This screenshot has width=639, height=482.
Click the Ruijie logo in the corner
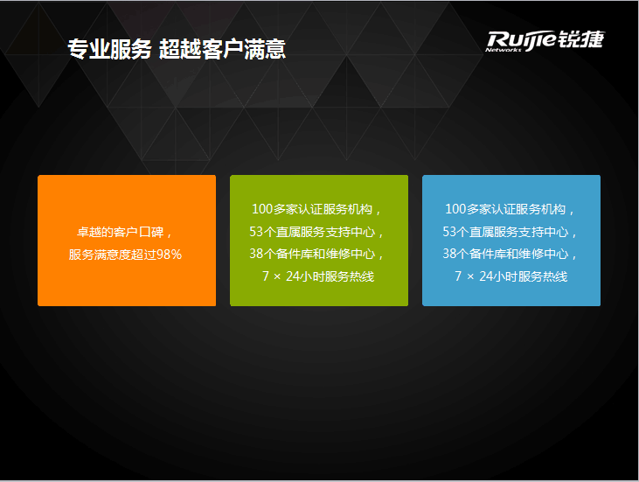pos(545,41)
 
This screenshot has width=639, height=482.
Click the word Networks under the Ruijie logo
pos(504,50)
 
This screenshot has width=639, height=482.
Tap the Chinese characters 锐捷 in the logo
pos(581,39)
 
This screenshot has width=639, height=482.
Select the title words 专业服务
pos(109,49)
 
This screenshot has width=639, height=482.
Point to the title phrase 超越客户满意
pos(223,49)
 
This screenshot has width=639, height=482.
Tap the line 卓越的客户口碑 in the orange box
pos(121,232)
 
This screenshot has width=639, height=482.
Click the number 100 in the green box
pos(262,209)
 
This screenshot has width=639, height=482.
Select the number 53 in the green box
pos(256,232)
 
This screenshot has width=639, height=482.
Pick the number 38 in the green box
pos(256,254)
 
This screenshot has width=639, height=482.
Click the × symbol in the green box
pos(277,277)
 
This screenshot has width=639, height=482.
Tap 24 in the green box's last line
pos(293,276)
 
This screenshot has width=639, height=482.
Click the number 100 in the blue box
pos(455,209)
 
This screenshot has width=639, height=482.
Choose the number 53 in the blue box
pos(449,232)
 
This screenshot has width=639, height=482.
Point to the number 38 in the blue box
pos(449,254)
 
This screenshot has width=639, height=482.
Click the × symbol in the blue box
pos(470,277)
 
